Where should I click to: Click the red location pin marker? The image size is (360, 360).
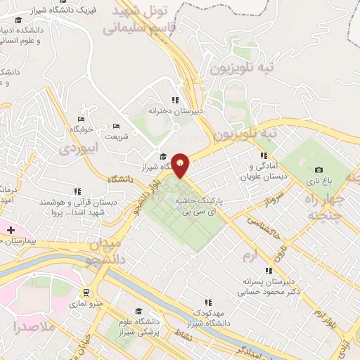tap(181, 165)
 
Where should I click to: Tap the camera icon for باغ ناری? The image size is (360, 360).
tap(319, 169)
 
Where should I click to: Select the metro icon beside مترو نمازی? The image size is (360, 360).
tap(86, 292)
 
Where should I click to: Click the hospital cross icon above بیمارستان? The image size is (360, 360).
tap(11, 230)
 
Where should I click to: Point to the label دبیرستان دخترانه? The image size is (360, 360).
tap(175, 110)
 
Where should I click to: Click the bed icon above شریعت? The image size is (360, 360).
tap(116, 126)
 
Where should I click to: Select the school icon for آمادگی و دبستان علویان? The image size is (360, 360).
tap(264, 155)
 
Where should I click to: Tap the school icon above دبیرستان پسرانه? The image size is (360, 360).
tap(268, 270)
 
